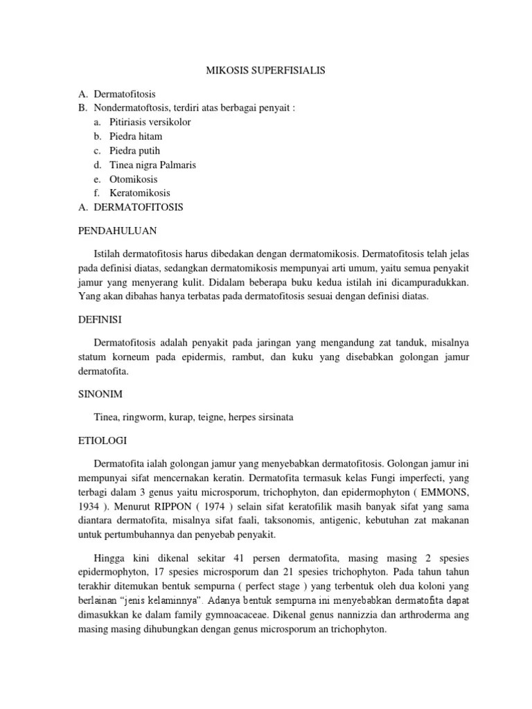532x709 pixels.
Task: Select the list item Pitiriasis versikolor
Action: (x=150, y=122)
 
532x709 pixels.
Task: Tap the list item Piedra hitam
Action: (x=136, y=136)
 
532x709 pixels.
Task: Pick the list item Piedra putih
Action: (x=134, y=150)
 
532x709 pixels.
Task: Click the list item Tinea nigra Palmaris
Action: (x=153, y=165)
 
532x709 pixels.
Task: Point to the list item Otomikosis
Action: (x=133, y=179)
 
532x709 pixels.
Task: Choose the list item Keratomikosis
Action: (x=139, y=193)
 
